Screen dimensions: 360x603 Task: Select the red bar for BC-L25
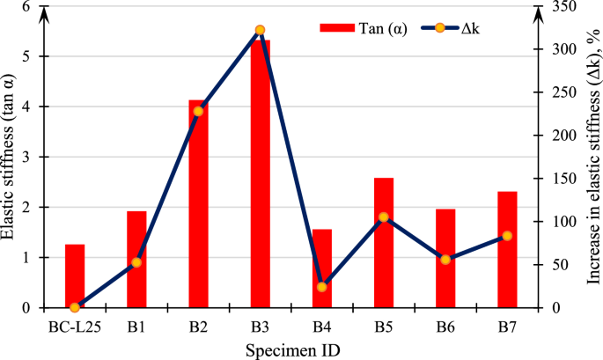click(75, 276)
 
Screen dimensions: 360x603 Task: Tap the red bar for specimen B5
click(383, 243)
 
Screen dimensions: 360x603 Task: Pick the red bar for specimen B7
click(506, 250)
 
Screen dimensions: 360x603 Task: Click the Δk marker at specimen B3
click(260, 30)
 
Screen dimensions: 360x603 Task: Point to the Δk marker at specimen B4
click(321, 287)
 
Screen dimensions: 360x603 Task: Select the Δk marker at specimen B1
click(136, 262)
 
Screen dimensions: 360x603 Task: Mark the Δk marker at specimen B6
click(445, 260)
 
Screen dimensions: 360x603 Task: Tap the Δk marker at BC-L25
click(75, 307)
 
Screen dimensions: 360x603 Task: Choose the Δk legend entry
click(450, 27)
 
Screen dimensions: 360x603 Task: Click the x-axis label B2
click(198, 327)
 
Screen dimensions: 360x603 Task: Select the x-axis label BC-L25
click(74, 327)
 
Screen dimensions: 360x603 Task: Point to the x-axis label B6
click(445, 327)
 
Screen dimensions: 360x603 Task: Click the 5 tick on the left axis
click(38, 56)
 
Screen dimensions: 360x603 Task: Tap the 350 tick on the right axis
click(557, 6)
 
